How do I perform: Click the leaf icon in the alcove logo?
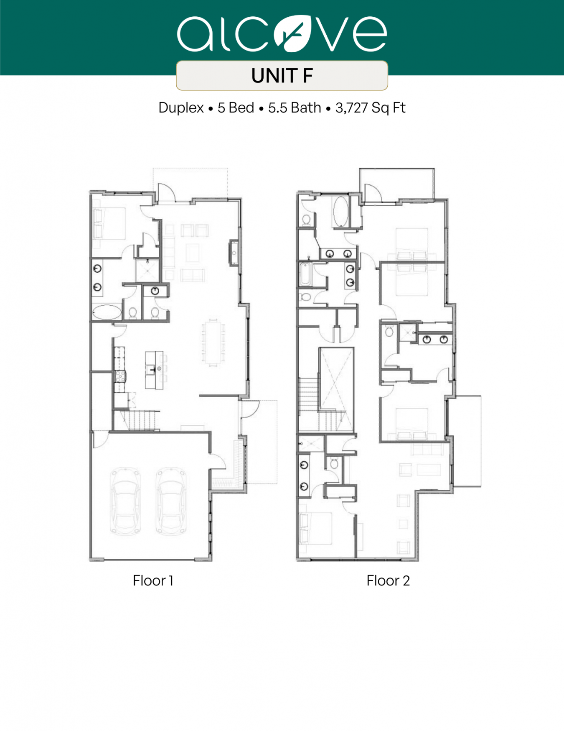click(293, 33)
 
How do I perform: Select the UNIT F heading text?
click(282, 76)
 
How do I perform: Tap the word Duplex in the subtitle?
click(181, 108)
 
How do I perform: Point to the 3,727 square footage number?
click(351, 108)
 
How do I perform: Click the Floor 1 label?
click(153, 580)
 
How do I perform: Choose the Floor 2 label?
click(388, 580)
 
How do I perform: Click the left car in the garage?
click(125, 501)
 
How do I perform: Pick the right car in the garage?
click(171, 501)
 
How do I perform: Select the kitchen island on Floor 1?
click(154, 370)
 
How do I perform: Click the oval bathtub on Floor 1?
click(107, 312)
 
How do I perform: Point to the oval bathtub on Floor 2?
click(340, 212)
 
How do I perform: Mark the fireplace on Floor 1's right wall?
click(234, 253)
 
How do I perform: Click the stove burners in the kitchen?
click(120, 376)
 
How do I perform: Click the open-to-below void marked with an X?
click(336, 379)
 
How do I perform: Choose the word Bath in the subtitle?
click(306, 108)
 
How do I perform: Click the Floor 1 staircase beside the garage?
click(139, 420)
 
